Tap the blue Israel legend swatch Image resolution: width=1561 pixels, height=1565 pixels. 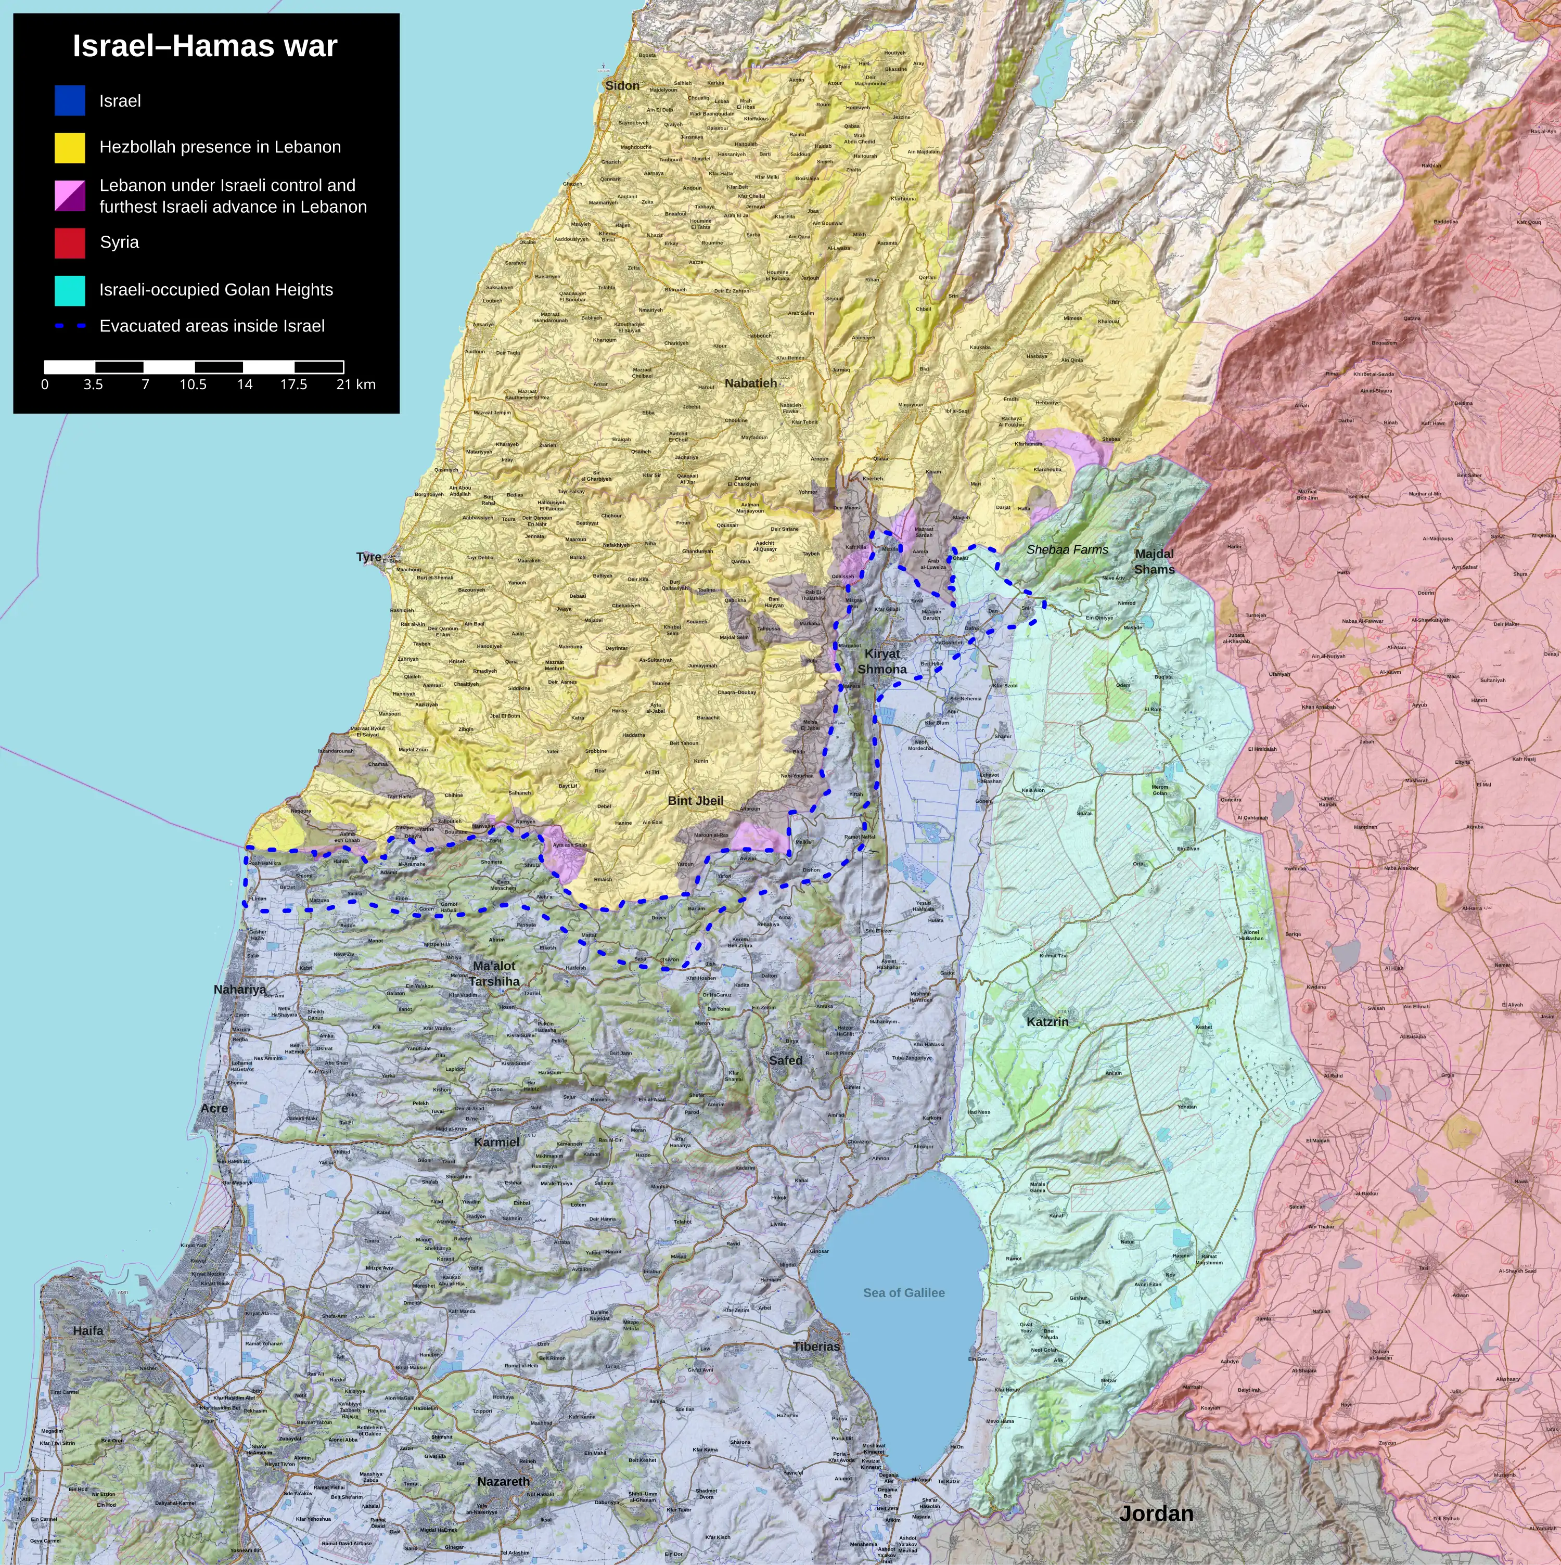pos(70,100)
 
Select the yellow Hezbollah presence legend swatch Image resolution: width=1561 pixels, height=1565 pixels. pos(70,147)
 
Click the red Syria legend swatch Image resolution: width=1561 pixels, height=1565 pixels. pos(70,243)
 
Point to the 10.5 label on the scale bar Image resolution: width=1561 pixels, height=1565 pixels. pos(193,385)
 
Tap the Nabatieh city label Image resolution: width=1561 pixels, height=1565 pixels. pos(750,383)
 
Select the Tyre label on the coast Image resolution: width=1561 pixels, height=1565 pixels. pos(368,557)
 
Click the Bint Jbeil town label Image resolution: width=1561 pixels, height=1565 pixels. pos(695,800)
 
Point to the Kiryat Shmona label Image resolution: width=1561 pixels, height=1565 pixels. pos(882,661)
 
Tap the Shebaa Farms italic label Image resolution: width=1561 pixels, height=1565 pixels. pos(1067,549)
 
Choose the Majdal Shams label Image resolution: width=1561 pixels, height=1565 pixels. pos(1154,561)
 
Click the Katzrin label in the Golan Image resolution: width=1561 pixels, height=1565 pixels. pos(1047,1022)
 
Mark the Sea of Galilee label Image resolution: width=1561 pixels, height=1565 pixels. pos(903,1293)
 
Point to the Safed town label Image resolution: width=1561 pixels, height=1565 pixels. pos(785,1060)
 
